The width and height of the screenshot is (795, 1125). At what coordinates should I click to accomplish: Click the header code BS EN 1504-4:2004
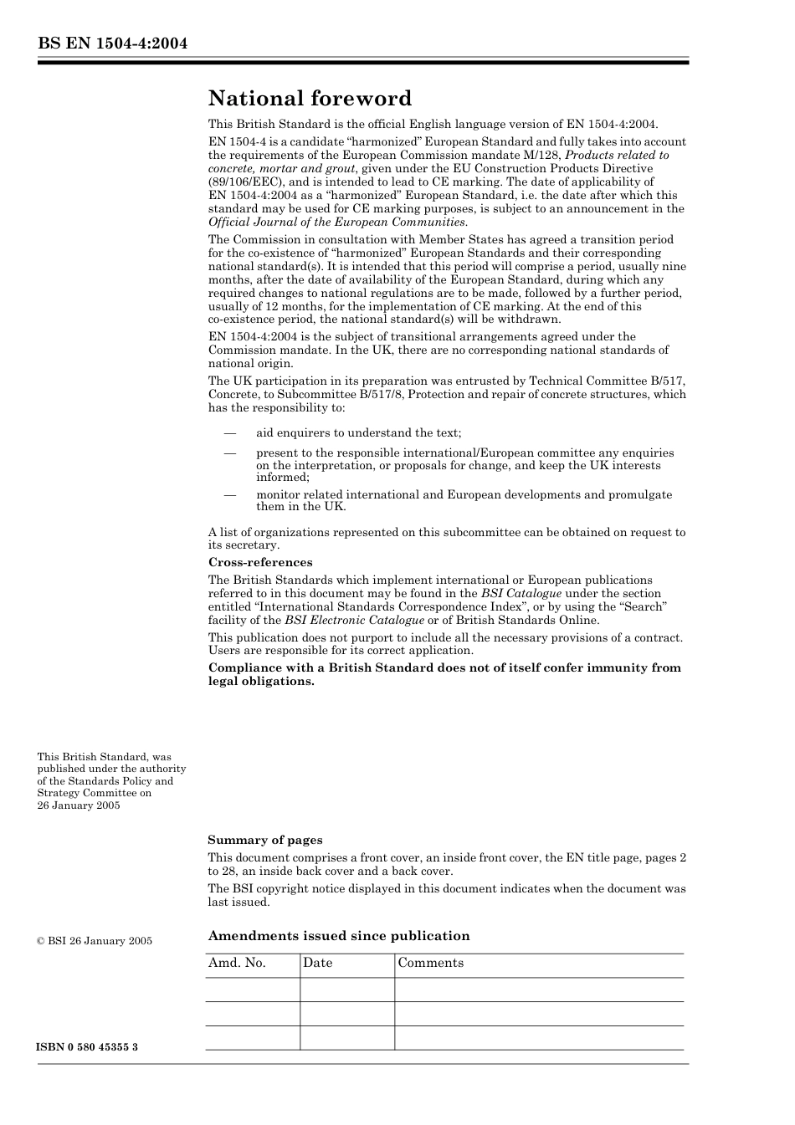pyautogui.click(x=112, y=43)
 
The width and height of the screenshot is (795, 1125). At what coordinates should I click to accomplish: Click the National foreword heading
pyautogui.click(x=310, y=99)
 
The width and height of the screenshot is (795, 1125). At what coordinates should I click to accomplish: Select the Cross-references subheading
pyautogui.click(x=260, y=562)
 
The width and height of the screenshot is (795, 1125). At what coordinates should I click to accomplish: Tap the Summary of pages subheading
pyautogui.click(x=264, y=840)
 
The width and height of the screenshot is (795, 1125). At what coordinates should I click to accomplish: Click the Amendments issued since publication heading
pyautogui.click(x=339, y=936)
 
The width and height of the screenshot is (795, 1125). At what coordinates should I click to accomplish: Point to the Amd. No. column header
pyautogui.click(x=237, y=963)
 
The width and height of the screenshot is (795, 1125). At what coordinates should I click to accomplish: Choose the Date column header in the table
pyautogui.click(x=317, y=963)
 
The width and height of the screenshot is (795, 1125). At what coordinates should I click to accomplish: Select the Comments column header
pyautogui.click(x=430, y=963)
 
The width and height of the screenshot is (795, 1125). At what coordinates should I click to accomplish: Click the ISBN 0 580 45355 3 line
pyautogui.click(x=87, y=1047)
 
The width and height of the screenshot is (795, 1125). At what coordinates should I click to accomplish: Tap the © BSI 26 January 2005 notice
pyautogui.click(x=95, y=941)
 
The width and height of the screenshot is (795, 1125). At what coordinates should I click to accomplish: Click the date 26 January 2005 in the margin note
pyautogui.click(x=79, y=805)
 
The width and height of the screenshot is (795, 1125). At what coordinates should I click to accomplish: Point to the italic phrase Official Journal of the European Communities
pyautogui.click(x=337, y=222)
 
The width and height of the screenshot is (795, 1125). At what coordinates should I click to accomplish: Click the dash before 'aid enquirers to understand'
pyautogui.click(x=228, y=433)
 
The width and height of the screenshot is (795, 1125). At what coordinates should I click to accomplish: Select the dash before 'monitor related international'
pyautogui.click(x=228, y=494)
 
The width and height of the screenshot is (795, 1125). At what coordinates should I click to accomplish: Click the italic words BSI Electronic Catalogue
pyautogui.click(x=354, y=621)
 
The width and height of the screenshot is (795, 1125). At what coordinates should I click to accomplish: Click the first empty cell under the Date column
pyautogui.click(x=346, y=989)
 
